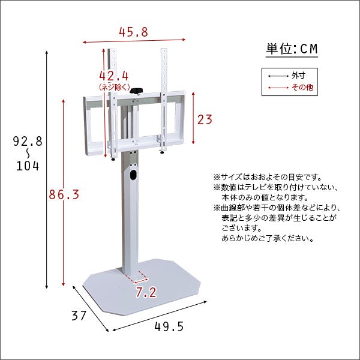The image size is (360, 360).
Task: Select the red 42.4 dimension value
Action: [x=114, y=77]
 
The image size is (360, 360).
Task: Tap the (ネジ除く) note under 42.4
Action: [x=114, y=88]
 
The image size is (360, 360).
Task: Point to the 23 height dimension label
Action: [x=205, y=119]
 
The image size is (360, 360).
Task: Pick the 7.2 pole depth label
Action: [x=146, y=293]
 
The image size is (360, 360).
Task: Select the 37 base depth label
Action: [x=79, y=316]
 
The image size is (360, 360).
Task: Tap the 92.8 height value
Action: [x=28, y=142]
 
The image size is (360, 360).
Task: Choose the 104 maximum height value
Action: [x=28, y=166]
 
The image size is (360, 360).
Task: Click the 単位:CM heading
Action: [x=292, y=49]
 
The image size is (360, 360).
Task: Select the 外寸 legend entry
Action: [x=298, y=76]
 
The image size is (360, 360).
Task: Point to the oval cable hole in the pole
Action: [x=132, y=177]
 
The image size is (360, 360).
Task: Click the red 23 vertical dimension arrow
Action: [x=193, y=119]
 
